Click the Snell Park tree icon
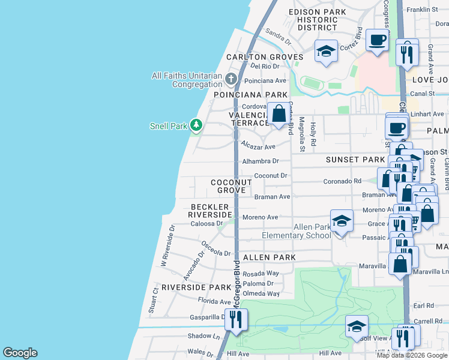tap(196, 125)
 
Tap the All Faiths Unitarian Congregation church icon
tap(232, 79)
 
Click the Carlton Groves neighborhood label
tap(264, 57)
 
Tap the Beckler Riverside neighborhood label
tap(209, 210)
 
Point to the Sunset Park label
tap(355, 160)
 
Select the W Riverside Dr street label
tap(167, 246)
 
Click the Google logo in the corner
tap(20, 353)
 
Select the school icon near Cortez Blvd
tap(326, 51)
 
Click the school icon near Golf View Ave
tap(357, 327)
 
